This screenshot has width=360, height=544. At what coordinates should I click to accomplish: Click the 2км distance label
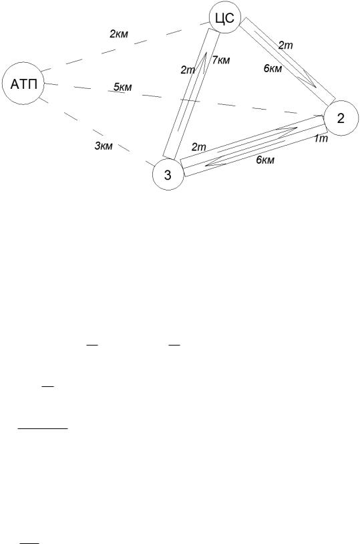pos(119,34)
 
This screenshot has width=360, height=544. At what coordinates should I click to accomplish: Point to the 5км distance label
pos(123,87)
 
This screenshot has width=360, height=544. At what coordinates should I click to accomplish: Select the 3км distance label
pos(104,146)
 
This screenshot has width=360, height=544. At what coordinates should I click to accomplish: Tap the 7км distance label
pos(221,60)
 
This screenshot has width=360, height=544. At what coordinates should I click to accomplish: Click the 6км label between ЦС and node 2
pos(273,69)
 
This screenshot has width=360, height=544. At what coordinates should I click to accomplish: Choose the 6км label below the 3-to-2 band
pos(265,160)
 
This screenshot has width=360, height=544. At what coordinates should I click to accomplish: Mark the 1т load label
pos(321,139)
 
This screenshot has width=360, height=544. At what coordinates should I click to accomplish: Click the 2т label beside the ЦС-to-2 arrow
pos(285,45)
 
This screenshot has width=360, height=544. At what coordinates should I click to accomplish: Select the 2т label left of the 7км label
pos(188,70)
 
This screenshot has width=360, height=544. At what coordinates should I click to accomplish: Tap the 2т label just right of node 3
pos(199,147)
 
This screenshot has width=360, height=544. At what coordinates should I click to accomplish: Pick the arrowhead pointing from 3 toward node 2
pos(287,130)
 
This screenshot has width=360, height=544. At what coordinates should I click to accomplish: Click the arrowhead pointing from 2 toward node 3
pos(215,162)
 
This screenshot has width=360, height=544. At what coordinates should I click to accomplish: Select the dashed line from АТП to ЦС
pos(125,47)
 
